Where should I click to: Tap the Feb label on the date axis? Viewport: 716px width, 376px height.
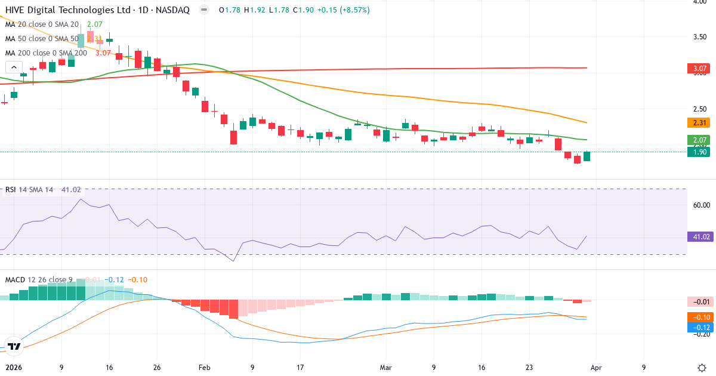point(205,368)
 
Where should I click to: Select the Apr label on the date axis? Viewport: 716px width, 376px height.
point(597,368)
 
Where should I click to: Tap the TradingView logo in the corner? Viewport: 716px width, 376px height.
point(15,346)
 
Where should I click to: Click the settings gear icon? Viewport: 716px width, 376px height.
point(702,368)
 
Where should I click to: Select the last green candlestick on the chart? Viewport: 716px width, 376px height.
point(587,156)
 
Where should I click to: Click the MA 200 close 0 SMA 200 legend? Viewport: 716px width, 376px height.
point(46,53)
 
